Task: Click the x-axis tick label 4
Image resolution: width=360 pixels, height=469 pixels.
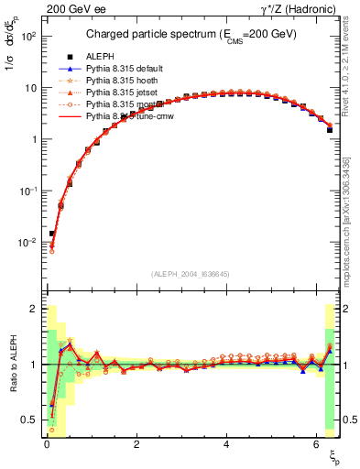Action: coord(226,445)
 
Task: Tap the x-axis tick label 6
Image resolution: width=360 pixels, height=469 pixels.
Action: coord(316,445)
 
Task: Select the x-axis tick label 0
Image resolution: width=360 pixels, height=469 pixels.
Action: coord(47,445)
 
